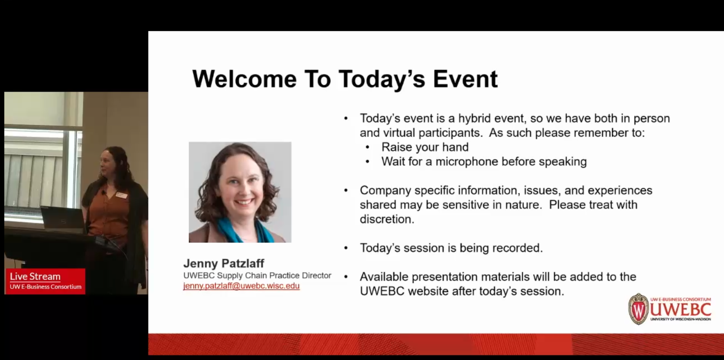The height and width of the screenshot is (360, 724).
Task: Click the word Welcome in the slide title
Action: [244, 79]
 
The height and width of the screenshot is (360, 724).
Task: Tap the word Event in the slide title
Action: [465, 79]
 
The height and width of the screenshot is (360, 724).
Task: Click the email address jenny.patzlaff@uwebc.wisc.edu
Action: [241, 286]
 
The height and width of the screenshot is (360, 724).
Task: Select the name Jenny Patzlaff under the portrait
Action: [224, 263]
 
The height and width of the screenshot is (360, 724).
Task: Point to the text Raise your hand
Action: [425, 147]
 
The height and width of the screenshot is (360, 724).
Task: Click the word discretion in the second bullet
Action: [386, 219]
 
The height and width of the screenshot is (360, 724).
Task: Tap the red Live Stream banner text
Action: [35, 277]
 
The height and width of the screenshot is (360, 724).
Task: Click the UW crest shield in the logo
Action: [638, 309]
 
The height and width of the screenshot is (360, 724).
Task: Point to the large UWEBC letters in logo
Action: [680, 309]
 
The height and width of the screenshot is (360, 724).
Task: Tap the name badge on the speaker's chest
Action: [122, 195]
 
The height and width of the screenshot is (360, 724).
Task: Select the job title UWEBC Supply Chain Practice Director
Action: [257, 276]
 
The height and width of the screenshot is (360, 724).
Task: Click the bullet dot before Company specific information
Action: [346, 191]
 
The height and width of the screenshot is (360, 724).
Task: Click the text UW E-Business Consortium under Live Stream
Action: [46, 287]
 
